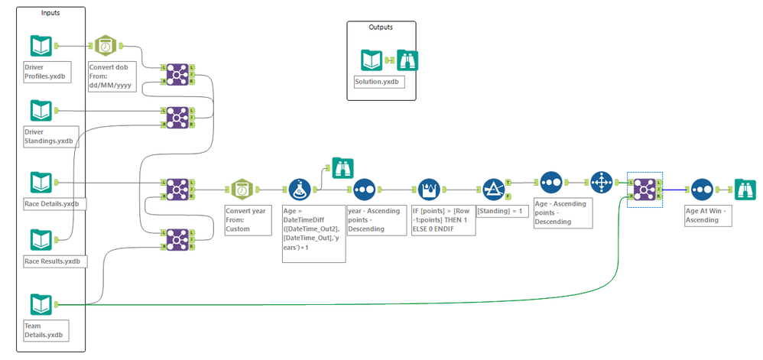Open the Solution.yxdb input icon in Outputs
pyautogui.click(x=372, y=60)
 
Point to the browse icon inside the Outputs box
pyautogui.click(x=407, y=60)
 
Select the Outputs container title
pyautogui.click(x=381, y=27)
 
